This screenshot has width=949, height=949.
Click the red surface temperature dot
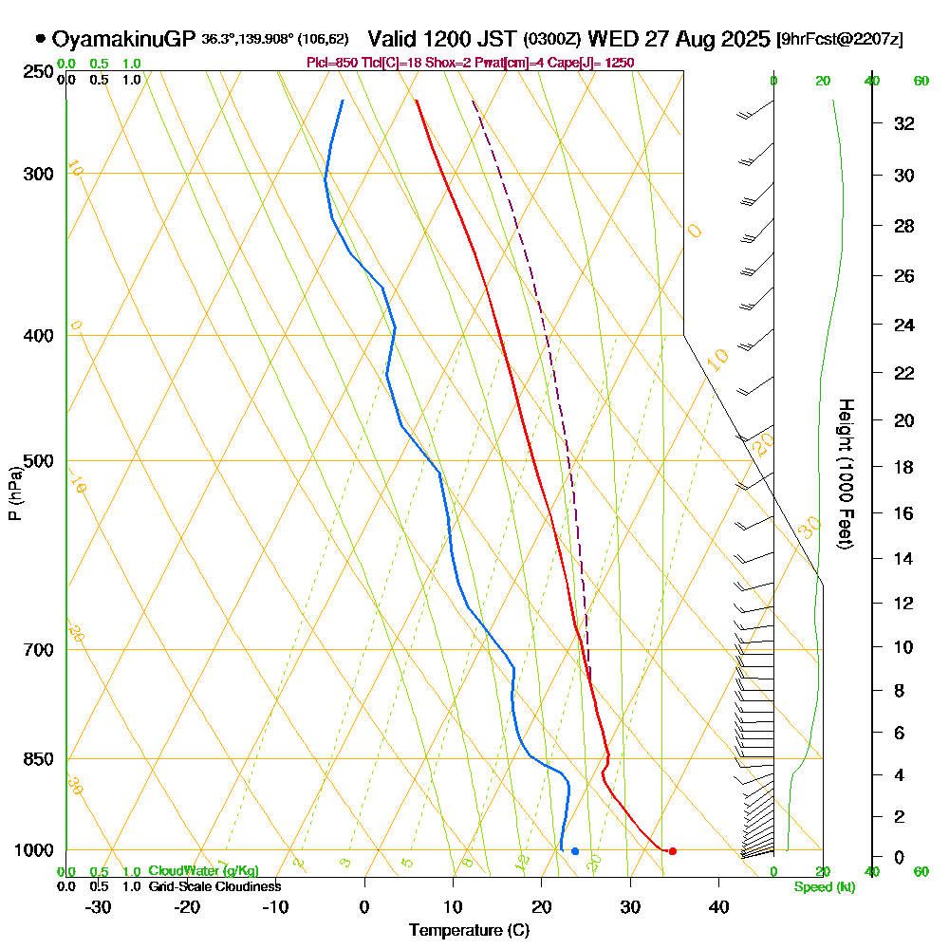(x=672, y=851)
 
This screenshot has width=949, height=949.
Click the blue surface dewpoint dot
(x=575, y=851)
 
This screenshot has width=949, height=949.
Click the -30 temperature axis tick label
(x=99, y=906)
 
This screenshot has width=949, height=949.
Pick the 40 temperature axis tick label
(x=718, y=906)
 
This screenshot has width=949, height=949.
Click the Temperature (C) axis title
(x=469, y=931)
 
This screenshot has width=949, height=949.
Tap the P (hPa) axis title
(x=14, y=493)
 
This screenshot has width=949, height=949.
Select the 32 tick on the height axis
(x=904, y=123)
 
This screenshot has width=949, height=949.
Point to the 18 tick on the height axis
(x=904, y=467)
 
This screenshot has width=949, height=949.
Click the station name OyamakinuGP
(x=123, y=39)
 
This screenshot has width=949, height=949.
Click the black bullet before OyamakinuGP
(x=40, y=39)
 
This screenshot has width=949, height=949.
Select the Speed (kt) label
(x=824, y=887)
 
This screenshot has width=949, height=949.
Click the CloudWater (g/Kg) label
(x=203, y=871)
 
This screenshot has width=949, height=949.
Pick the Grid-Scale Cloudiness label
(x=214, y=886)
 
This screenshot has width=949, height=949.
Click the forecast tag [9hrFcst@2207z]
(x=840, y=40)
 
